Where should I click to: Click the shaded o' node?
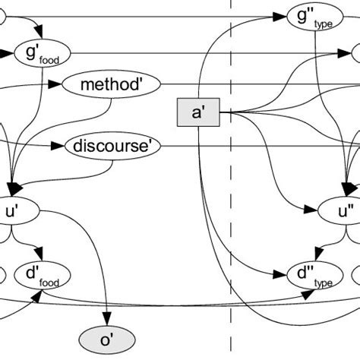click(x=108, y=336)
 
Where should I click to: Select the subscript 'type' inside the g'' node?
click(x=324, y=23)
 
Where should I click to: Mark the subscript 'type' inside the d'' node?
click(x=324, y=281)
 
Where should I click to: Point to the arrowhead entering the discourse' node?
click(x=61, y=146)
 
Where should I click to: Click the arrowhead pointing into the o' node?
click(x=106, y=321)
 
